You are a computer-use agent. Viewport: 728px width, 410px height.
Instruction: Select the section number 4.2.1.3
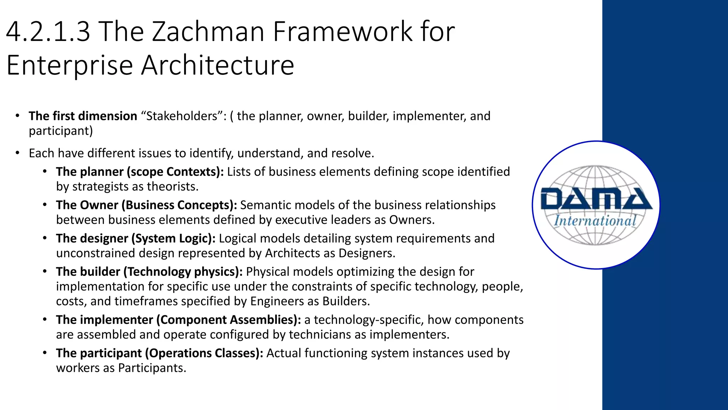(x=48, y=32)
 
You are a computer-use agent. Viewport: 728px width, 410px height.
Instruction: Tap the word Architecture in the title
(x=218, y=65)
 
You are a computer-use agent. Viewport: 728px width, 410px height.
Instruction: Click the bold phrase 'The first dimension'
(x=83, y=116)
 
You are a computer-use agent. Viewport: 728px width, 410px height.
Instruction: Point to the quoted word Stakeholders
(x=184, y=116)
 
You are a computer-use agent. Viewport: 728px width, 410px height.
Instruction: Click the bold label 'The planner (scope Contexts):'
(x=140, y=172)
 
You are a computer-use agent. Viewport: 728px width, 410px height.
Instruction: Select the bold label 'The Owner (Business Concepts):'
(x=146, y=205)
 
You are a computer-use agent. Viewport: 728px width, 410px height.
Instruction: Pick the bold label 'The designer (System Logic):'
(x=135, y=238)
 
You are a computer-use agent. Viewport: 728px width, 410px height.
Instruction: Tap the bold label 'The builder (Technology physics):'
(x=149, y=272)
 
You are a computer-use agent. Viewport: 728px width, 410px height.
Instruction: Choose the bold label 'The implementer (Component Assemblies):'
(x=178, y=320)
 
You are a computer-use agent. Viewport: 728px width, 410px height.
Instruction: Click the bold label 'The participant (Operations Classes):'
(x=159, y=353)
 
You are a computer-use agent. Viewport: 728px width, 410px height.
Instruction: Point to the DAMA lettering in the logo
(x=596, y=199)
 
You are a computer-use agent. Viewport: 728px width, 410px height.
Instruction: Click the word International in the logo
(x=595, y=221)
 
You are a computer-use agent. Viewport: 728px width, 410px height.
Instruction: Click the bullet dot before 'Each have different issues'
(x=17, y=153)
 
